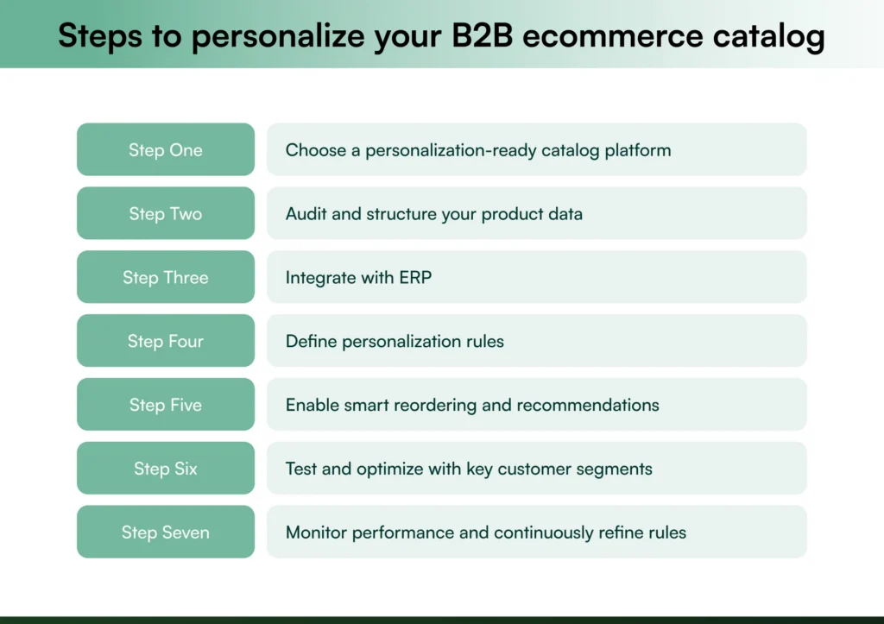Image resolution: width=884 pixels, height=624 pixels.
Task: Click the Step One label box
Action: point(166,149)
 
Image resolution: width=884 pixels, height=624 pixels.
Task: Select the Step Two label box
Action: point(166,213)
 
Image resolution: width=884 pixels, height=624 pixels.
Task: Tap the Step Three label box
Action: point(166,277)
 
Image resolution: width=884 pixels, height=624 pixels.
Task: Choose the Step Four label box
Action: point(166,341)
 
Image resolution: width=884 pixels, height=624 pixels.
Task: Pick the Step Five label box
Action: point(166,405)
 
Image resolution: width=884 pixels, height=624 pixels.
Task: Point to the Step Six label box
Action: point(166,469)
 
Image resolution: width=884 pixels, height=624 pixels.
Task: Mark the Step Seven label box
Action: point(166,533)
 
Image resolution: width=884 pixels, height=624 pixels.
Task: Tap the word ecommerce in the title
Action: point(615,36)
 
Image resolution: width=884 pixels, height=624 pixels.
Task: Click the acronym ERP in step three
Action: point(414,278)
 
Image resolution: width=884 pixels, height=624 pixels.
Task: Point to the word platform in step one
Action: point(637,150)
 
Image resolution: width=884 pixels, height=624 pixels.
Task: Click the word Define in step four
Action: point(312,342)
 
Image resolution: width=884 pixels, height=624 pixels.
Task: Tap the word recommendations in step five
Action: point(593,406)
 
